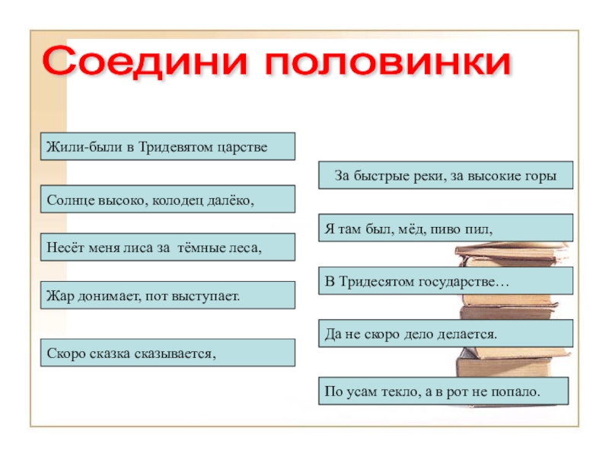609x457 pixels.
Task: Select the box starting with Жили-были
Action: pyautogui.click(x=167, y=146)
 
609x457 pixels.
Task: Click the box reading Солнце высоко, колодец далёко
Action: pyautogui.click(x=167, y=199)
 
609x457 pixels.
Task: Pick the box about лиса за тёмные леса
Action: pyautogui.click(x=167, y=247)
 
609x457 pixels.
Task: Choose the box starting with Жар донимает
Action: pyautogui.click(x=167, y=295)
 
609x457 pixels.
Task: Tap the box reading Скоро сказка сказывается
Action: pyautogui.click(x=167, y=353)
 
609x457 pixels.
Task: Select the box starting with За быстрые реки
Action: pyautogui.click(x=445, y=176)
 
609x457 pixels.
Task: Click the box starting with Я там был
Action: pyautogui.click(x=445, y=228)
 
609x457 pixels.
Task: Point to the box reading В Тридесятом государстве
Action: pyautogui.click(x=445, y=281)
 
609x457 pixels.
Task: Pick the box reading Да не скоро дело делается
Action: pyautogui.click(x=445, y=334)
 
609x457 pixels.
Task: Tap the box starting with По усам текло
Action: pyautogui.click(x=445, y=391)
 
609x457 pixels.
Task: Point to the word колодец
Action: pyautogui.click(x=183, y=199)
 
